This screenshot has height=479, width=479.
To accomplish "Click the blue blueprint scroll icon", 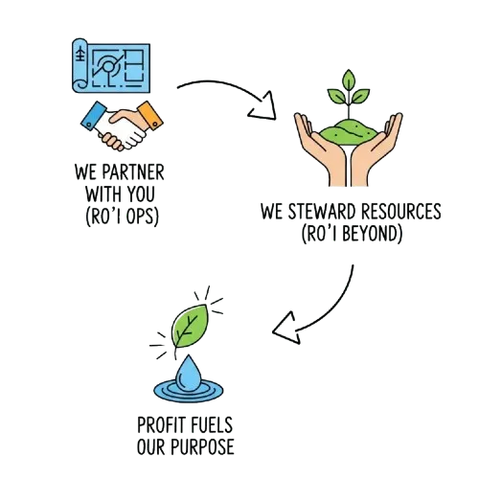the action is [x=111, y=66].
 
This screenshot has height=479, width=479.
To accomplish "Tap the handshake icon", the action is [x=122, y=125].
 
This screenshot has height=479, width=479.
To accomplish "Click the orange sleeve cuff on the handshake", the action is [x=150, y=115].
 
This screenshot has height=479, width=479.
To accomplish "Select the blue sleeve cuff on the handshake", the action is [x=94, y=116].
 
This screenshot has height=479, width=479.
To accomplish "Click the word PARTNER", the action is [x=133, y=172].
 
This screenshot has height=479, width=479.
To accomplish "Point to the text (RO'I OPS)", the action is [x=122, y=217].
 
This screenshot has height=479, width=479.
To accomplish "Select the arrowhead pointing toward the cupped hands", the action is [x=263, y=107].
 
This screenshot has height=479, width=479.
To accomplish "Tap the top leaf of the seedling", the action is [x=349, y=80].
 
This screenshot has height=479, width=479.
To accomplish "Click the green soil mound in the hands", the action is [x=349, y=131].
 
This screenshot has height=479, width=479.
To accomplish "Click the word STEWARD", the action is [x=322, y=211].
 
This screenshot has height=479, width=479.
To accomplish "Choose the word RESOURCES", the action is [x=401, y=211].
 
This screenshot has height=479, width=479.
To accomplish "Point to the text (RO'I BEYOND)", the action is [x=352, y=234].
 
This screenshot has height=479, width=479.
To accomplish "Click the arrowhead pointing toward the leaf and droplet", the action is [x=286, y=329].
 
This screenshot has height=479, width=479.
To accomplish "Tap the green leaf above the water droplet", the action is [x=189, y=327].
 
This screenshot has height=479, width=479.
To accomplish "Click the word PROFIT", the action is [x=161, y=425].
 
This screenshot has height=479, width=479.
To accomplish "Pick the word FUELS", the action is [x=212, y=425].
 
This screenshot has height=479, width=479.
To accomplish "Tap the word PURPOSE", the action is [x=203, y=446].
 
